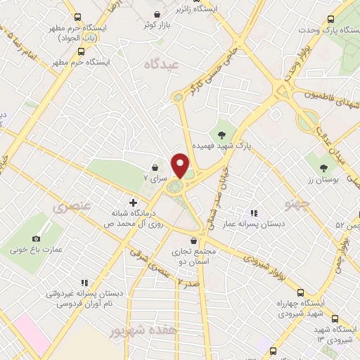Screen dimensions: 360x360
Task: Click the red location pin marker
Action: (x=181, y=166)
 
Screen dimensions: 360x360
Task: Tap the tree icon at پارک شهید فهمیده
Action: (x=221, y=134)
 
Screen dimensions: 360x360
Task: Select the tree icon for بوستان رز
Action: (x=323, y=167)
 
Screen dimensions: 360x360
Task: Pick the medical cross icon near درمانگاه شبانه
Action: (x=133, y=202)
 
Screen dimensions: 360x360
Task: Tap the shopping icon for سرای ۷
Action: (x=154, y=167)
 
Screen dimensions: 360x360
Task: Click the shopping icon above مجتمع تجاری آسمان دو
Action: (x=193, y=240)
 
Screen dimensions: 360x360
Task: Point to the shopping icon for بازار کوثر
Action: (x=157, y=14)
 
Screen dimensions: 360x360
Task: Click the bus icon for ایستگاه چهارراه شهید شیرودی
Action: (x=301, y=292)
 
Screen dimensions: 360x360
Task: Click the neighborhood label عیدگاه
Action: (x=162, y=64)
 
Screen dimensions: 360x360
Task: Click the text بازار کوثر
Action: (x=158, y=25)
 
